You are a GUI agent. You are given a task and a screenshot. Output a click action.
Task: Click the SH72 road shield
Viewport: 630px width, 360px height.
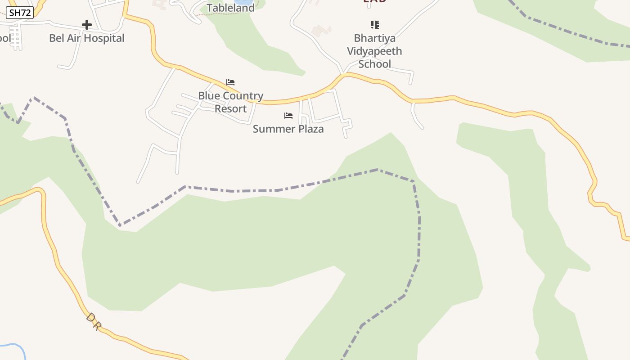(x=20, y=13)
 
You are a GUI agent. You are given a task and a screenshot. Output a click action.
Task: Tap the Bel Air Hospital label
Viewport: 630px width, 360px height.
(x=87, y=38)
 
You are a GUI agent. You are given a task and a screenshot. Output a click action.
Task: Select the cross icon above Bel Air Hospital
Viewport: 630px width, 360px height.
(x=87, y=25)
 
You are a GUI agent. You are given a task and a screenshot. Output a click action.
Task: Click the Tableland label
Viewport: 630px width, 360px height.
(x=230, y=8)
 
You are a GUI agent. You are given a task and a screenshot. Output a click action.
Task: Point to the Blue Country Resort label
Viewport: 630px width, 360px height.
(x=230, y=102)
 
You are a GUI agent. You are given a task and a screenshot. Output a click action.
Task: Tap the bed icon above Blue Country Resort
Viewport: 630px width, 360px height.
(x=230, y=82)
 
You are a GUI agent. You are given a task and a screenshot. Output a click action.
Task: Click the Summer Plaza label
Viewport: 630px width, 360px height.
(x=288, y=129)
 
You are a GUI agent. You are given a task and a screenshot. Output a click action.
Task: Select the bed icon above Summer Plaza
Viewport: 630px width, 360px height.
(x=288, y=116)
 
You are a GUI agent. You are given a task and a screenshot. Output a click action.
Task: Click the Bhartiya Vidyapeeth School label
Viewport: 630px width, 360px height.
(x=374, y=51)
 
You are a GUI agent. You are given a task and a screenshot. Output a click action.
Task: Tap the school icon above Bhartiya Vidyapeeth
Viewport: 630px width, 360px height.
(x=374, y=24)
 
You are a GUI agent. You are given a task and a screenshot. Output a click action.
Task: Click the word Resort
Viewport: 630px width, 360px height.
(x=230, y=109)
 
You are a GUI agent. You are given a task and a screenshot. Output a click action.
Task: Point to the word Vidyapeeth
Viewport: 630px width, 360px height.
(x=374, y=51)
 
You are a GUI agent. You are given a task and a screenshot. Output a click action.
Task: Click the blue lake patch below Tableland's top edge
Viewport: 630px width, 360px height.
(x=243, y=2)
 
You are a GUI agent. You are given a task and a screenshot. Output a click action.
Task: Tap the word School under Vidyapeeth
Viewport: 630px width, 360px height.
(x=374, y=64)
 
